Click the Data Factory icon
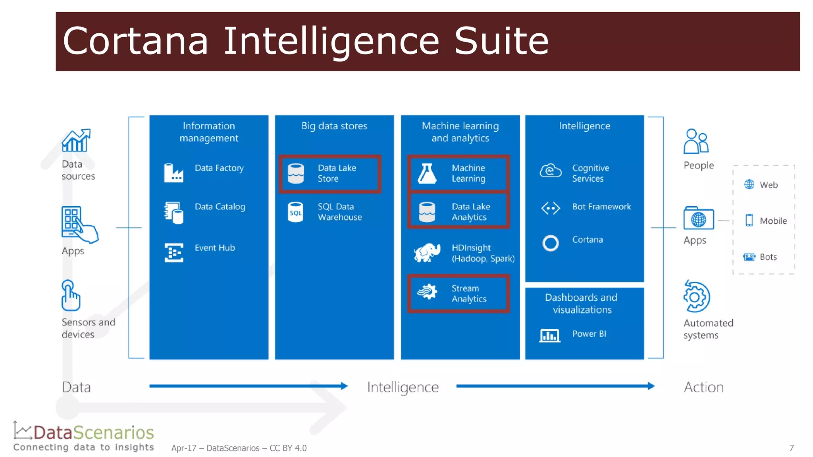pos(173,173)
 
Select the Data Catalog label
pos(220,207)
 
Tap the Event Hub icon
pos(174,252)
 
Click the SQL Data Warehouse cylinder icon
pos(295,212)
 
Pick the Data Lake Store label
pos(337,173)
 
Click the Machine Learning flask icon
pos(427,173)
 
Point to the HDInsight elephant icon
pos(427,252)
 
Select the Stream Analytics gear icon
pos(427,292)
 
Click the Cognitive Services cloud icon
pos(550,171)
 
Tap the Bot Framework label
pos(601,207)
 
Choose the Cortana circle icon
pos(550,243)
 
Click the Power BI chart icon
pos(549,336)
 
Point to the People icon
pos(695,141)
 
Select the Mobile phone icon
pos(749,220)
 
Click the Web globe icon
pos(749,184)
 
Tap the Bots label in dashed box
pos(768,257)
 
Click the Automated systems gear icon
pos(697,297)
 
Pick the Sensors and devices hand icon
pos(70,296)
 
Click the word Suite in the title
pos(501,41)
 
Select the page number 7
pos(791,448)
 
